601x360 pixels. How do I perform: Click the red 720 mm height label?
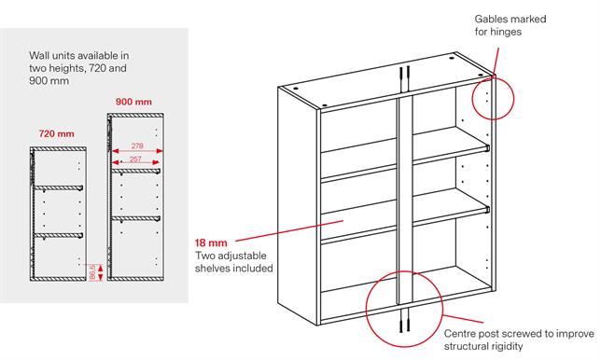coord(56,134)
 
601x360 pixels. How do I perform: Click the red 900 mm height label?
coord(133,101)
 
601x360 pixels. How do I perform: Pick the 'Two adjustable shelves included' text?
coord(233,261)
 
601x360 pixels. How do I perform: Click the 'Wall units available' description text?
coord(78,68)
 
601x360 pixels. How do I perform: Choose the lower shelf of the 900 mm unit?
coord(135,217)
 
